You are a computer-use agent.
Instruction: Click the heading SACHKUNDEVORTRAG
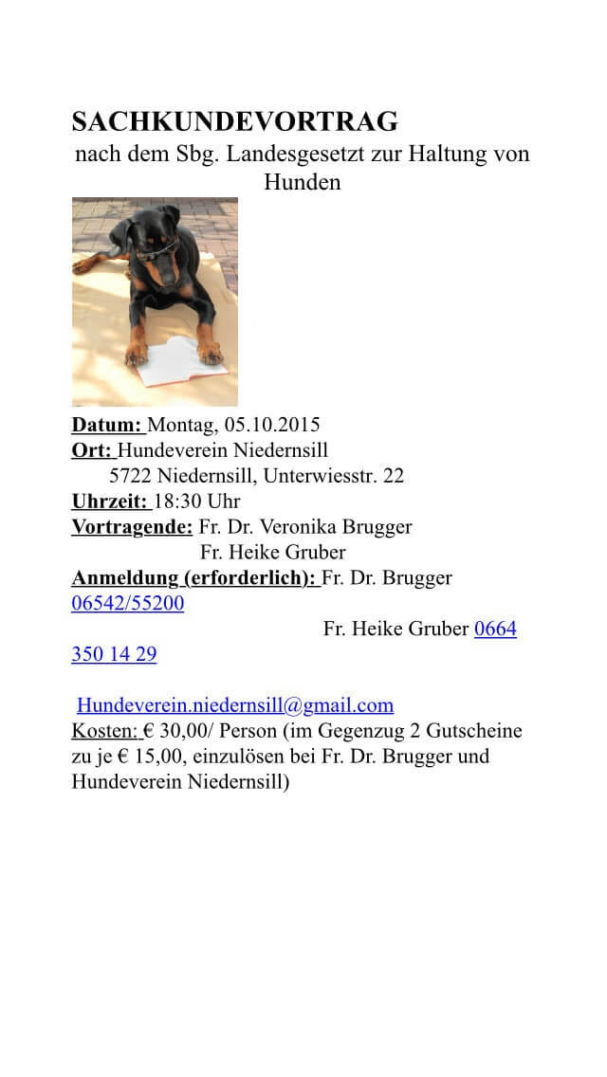[234, 122]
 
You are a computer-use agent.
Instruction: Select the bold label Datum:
[107, 424]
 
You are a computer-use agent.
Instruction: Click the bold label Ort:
[92, 449]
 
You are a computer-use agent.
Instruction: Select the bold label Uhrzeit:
[110, 501]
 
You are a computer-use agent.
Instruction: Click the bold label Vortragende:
[132, 526]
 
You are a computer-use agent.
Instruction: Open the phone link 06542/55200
[127, 603]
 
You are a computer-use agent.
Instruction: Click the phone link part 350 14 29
[114, 654]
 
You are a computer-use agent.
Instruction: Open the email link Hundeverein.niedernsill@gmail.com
[235, 705]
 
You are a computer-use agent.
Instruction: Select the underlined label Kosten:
[105, 731]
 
